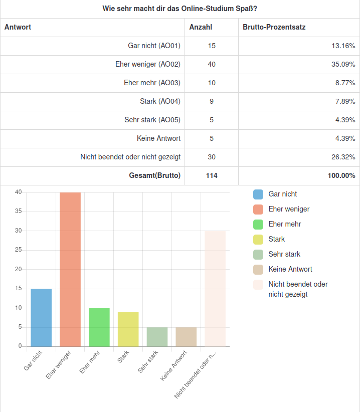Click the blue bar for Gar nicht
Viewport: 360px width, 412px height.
coord(41,317)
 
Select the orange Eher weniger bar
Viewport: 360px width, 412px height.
coord(70,269)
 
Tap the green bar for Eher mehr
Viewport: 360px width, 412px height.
coord(99,327)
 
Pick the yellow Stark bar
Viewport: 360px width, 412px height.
coord(128,329)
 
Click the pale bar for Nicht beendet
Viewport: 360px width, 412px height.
coord(215,288)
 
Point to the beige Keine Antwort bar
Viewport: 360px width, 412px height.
coord(186,337)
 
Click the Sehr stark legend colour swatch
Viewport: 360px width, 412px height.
coord(258,254)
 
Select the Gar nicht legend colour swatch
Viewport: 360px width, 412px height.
coord(258,194)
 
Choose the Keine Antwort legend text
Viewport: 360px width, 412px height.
coord(290,269)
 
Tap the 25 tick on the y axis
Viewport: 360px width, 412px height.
coord(18,250)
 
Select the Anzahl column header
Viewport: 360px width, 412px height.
coord(201,27)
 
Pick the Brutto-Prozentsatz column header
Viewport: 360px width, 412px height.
coord(274,27)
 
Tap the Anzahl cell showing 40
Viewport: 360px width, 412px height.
coord(212,64)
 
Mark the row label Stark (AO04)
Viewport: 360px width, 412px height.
coord(160,101)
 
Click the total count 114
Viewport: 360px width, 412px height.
coord(212,175)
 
